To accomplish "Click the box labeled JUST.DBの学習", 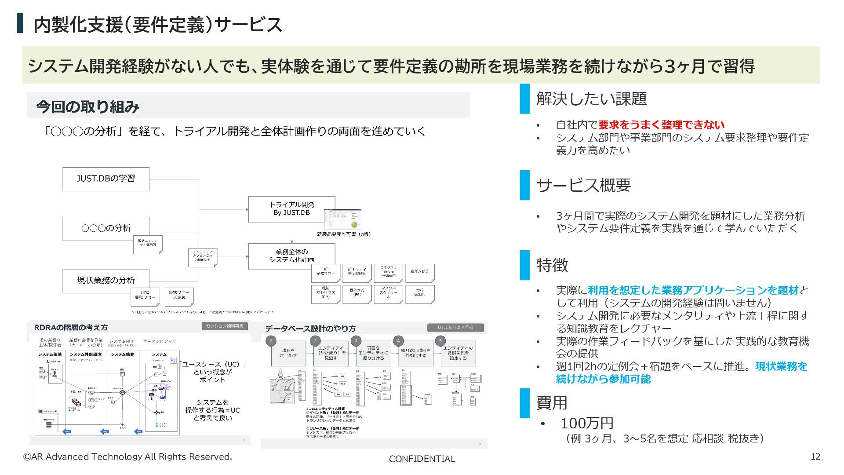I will tap(105, 179).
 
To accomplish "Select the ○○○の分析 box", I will tap(105, 228).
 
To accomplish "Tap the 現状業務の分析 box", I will tap(105, 281).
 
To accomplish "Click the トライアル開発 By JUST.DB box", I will tap(291, 209).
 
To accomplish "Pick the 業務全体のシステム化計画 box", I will tap(291, 256).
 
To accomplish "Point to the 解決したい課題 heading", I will tap(591, 99).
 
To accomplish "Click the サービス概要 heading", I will tap(583, 185).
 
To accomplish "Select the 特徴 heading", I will tap(552, 265).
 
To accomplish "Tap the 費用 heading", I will tap(552, 402).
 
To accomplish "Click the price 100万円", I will tap(587, 423).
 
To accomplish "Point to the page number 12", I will tap(815, 457).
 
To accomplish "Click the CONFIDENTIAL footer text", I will tap(422, 459).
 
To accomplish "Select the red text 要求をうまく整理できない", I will tap(661, 125).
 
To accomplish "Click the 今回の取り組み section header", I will tap(87, 106).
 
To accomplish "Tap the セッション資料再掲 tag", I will tap(224, 326).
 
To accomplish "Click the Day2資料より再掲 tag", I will tap(455, 328).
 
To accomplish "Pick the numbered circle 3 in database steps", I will tap(356, 341).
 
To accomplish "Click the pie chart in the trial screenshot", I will tap(354, 225).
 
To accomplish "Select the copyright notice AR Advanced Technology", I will tap(127, 457).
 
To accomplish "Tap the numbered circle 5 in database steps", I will tap(440, 341).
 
